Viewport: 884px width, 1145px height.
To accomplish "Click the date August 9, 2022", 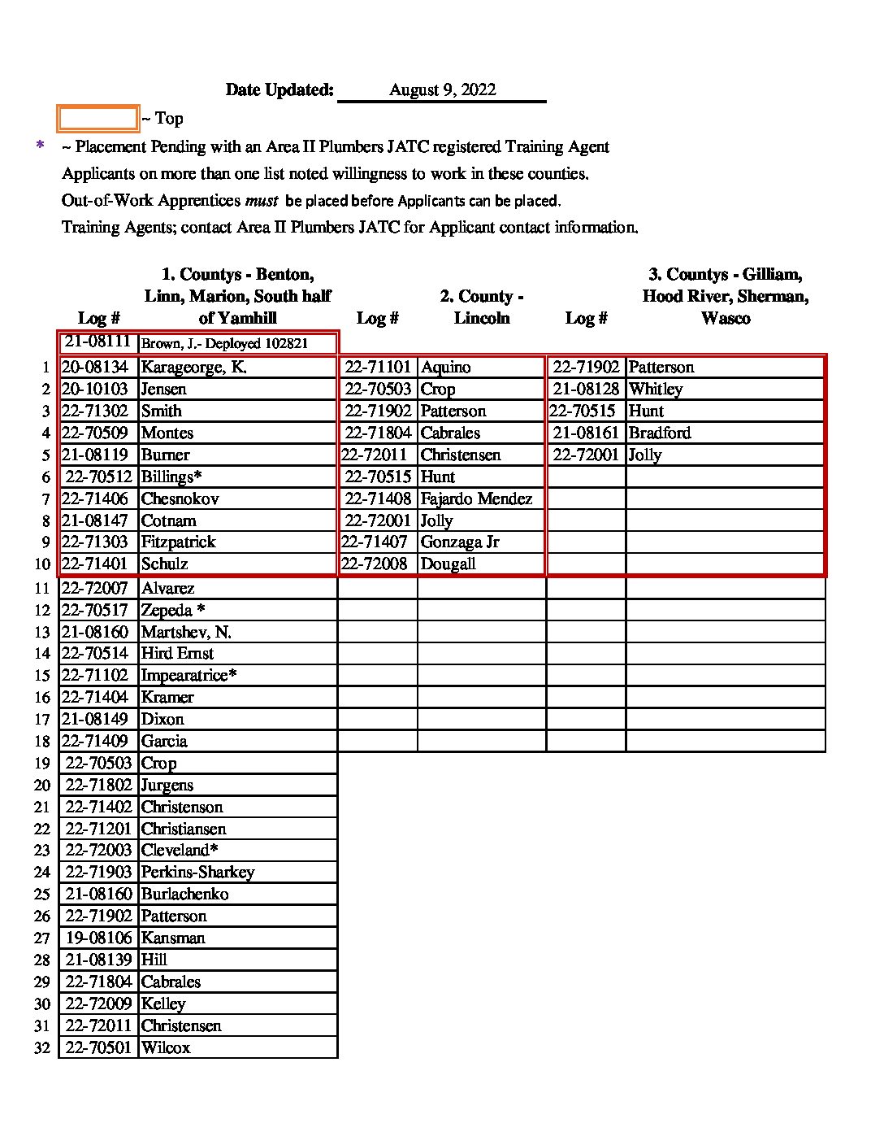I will [x=442, y=90].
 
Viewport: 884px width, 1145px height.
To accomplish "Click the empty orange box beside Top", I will [x=97, y=119].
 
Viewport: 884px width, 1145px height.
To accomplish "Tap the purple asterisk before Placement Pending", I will [x=40, y=146].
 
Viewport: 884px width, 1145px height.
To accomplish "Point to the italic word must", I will [x=261, y=200].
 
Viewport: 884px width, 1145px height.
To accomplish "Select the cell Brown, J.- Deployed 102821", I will [x=224, y=344].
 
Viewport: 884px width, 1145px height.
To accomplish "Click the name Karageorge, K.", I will [x=193, y=368].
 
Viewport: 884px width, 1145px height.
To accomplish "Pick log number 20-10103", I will [x=94, y=390].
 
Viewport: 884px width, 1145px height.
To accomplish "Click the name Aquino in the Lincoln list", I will [x=445, y=368].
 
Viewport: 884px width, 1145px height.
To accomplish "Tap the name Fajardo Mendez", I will [x=476, y=498].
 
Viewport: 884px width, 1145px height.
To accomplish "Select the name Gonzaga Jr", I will [x=460, y=542].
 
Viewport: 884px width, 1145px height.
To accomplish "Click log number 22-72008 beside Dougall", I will [x=375, y=564].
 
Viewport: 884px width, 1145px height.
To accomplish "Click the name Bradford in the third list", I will [x=660, y=433].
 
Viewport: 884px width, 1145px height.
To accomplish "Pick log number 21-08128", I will [x=586, y=390].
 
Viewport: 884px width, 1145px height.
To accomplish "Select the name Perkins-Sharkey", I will [x=197, y=873].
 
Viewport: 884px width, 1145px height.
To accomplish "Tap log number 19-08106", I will [x=98, y=938].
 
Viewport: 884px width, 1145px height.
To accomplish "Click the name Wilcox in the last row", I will [x=166, y=1048].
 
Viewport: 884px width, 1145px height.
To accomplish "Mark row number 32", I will [x=42, y=1048].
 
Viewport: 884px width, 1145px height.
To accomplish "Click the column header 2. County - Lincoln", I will [x=482, y=307].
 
